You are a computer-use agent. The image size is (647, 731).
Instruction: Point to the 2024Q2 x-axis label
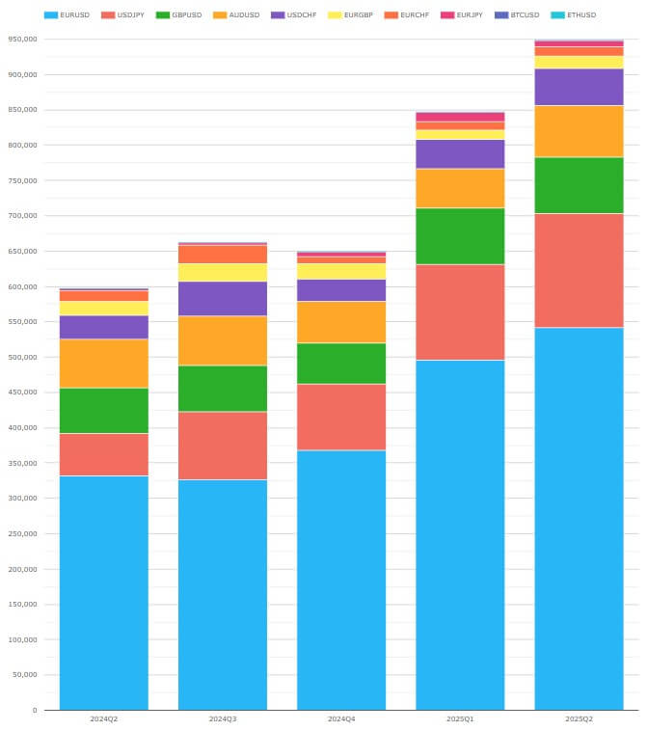point(104,719)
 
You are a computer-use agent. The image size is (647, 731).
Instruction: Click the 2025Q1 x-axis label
point(460,719)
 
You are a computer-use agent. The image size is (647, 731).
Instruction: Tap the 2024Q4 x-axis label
point(341,719)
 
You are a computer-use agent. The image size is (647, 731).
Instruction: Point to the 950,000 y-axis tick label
point(21,40)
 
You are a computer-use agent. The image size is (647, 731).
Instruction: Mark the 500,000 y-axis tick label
point(21,358)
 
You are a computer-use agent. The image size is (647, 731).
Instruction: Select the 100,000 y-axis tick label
point(21,639)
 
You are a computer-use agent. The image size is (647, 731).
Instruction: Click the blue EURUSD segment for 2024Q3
point(223,594)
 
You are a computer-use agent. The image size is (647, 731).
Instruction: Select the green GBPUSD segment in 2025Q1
point(460,236)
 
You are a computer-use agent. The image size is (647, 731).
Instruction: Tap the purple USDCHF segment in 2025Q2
point(579,87)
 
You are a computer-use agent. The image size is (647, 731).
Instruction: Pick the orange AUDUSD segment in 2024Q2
point(104,364)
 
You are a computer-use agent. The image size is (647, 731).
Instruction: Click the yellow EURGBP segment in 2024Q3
point(223,273)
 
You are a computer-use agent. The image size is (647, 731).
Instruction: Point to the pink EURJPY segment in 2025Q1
point(460,117)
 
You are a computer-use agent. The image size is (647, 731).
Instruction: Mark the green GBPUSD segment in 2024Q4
point(341,364)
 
